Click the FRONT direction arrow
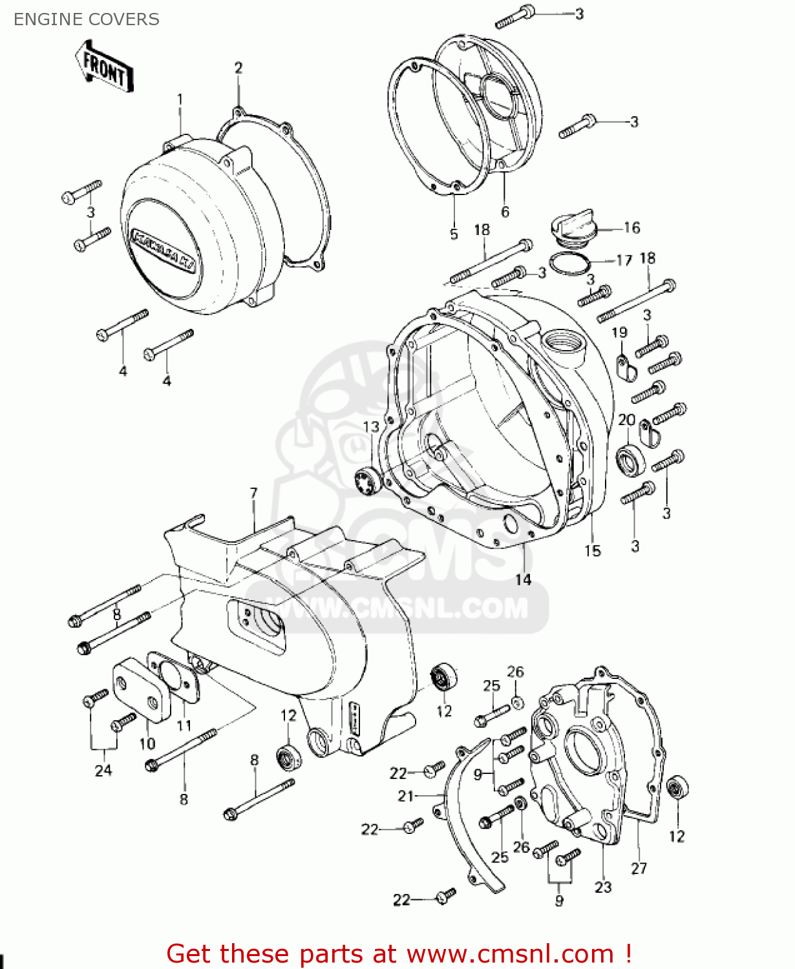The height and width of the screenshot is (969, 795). coord(105,67)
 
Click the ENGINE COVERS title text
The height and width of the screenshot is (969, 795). coord(86,19)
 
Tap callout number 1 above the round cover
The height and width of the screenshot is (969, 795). coord(180,99)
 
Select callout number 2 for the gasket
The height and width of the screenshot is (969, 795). coord(238,68)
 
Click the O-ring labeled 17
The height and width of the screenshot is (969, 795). coord(569,264)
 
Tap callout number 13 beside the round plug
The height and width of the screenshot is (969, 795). coord(371,427)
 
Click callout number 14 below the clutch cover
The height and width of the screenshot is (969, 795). coord(523,579)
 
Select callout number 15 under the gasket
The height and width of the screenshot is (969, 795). coord(593,550)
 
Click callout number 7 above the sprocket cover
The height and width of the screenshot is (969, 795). coord(253,494)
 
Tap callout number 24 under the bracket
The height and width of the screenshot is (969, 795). coord(103,770)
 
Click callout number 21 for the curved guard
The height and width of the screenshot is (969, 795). coord(405,796)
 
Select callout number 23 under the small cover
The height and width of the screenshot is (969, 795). coord(603,887)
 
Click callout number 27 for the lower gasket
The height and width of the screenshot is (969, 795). coord(639,868)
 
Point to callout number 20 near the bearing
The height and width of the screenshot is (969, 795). coord(626,420)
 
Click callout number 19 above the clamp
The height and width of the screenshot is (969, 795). coord(619,333)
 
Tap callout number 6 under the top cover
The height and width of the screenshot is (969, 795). coord(505,211)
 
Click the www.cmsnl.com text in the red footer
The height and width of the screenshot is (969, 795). coord(510,953)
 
